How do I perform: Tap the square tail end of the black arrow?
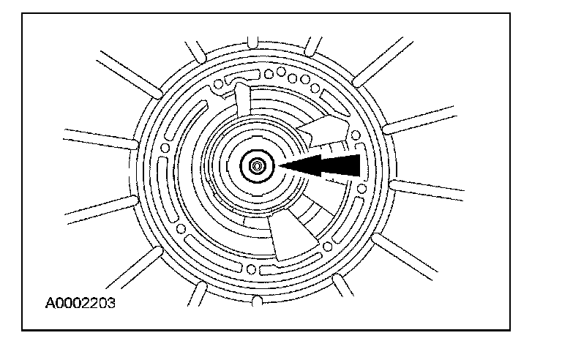coord(356,165)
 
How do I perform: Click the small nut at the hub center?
coord(257,167)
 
